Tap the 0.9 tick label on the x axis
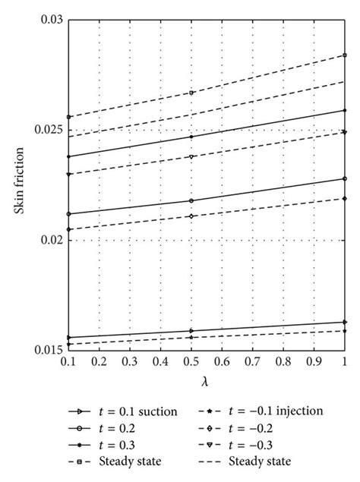(314, 363)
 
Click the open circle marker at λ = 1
(345, 178)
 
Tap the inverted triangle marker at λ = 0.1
(69, 175)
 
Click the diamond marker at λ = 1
(345, 198)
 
